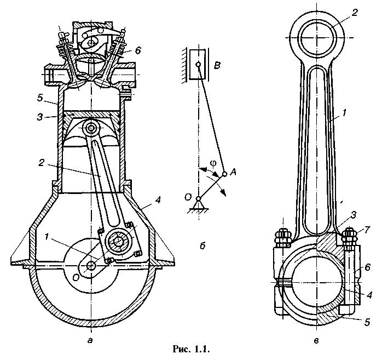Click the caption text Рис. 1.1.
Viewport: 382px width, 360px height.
coord(191,349)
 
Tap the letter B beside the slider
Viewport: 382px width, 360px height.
coord(217,65)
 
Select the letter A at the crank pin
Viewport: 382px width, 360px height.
coord(233,173)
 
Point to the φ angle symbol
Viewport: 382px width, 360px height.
coord(213,164)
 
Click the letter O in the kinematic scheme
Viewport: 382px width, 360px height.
coord(188,197)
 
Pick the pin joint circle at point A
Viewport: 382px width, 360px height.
coord(224,174)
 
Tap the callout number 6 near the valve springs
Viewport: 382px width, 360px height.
coord(138,50)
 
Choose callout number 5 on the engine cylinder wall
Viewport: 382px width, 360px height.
coord(40,98)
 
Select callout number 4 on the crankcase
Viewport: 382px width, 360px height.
coord(158,201)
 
